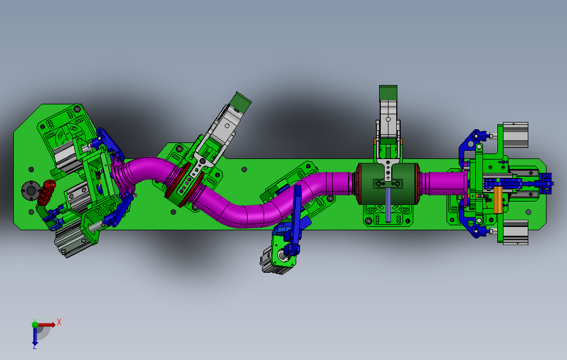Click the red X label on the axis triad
[59, 322]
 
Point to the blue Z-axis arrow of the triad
[35, 336]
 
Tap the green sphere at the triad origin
[35, 325]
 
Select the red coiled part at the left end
[46, 192]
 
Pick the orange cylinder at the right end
[498, 199]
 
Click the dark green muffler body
[389, 184]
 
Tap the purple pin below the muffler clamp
[388, 204]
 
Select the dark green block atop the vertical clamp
[388, 93]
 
